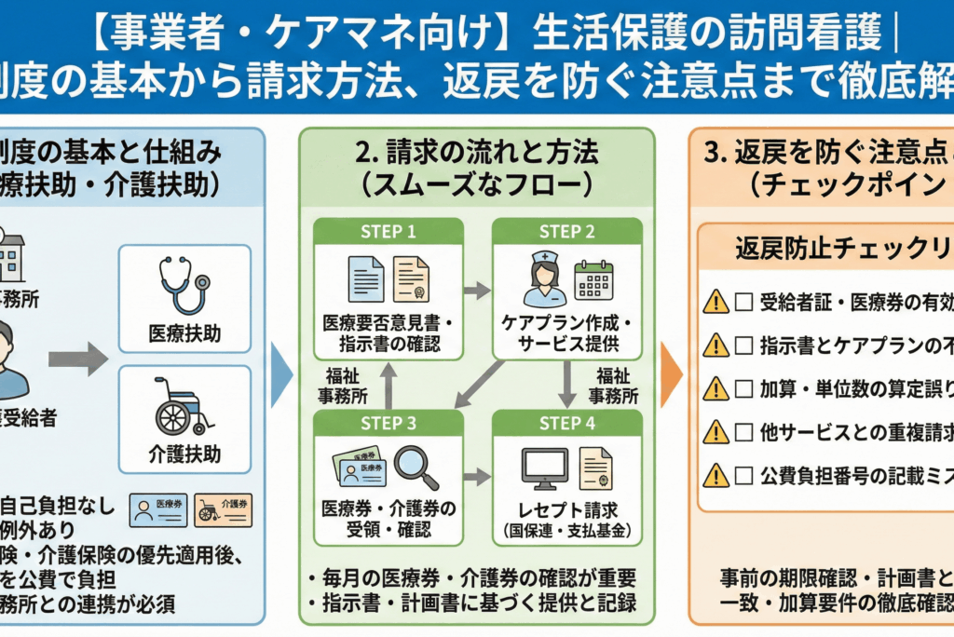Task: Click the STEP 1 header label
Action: pyautogui.click(x=388, y=232)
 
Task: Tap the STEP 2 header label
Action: pyautogui.click(x=566, y=232)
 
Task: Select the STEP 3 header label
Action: pyautogui.click(x=388, y=424)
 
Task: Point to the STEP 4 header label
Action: pyautogui.click(x=566, y=424)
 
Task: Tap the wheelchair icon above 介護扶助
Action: pyautogui.click(x=184, y=406)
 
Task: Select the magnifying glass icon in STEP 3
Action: pyautogui.click(x=416, y=468)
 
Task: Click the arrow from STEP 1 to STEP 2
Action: pyautogui.click(x=477, y=291)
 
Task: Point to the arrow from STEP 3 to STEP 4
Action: pyautogui.click(x=477, y=477)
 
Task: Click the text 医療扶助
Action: pyautogui.click(x=184, y=332)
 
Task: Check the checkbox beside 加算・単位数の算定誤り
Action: pyautogui.click(x=743, y=387)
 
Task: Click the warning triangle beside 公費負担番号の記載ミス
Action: pyautogui.click(x=715, y=475)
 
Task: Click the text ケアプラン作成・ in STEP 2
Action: pyautogui.click(x=566, y=324)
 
